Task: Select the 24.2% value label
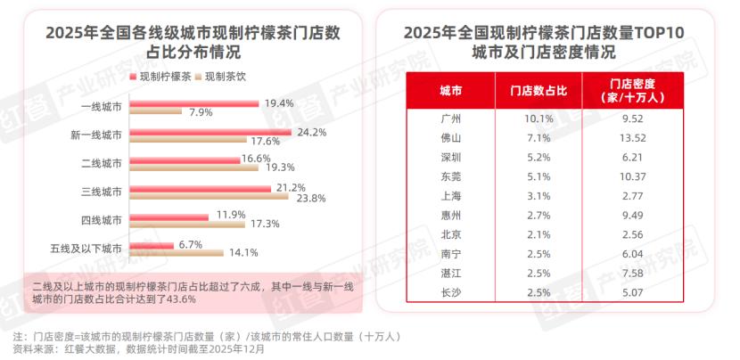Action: (310, 132)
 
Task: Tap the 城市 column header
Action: (450, 91)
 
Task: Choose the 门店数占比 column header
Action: (532, 91)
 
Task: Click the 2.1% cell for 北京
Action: (532, 235)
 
